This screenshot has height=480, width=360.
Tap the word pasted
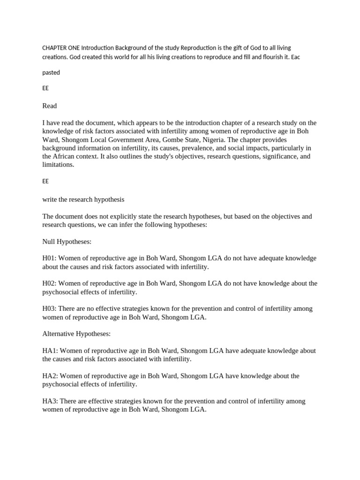point(51,73)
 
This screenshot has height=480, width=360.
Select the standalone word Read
point(50,106)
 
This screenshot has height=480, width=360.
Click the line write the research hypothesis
point(83,199)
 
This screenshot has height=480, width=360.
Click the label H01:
point(50,258)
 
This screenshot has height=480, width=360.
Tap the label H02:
point(50,284)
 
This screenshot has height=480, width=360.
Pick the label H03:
point(50,309)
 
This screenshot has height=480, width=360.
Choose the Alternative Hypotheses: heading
point(76,334)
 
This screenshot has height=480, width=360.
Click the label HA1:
point(50,351)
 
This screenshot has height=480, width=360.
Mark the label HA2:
point(50,376)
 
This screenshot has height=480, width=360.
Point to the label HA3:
point(50,401)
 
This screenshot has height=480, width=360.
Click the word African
point(67,157)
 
